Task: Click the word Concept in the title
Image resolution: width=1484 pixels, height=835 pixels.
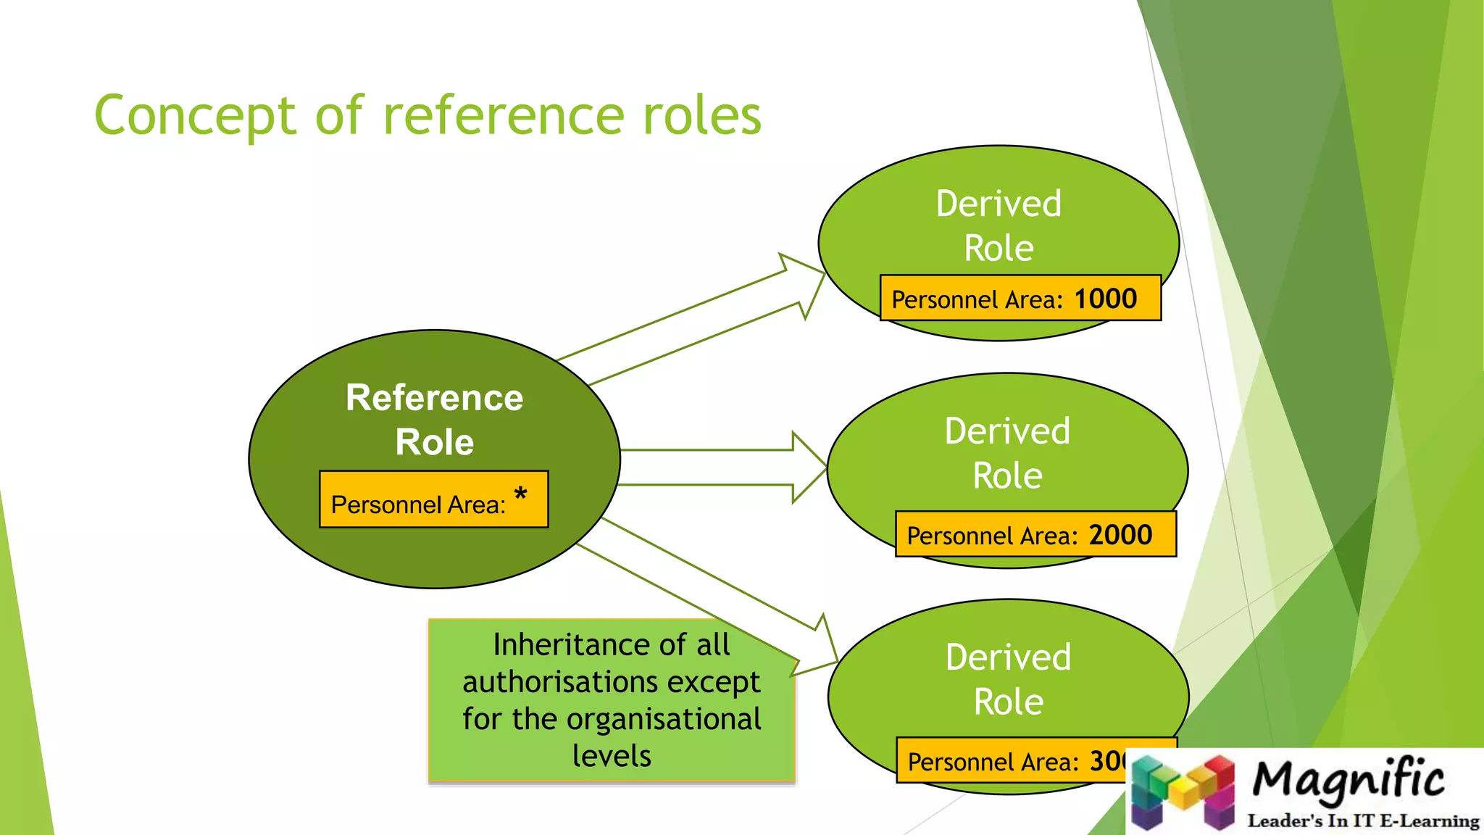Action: click(x=195, y=116)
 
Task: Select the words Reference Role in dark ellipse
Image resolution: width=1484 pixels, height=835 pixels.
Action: click(x=434, y=420)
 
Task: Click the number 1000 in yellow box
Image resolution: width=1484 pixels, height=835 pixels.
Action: click(x=1105, y=299)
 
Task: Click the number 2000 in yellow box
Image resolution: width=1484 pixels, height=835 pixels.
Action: click(x=1120, y=535)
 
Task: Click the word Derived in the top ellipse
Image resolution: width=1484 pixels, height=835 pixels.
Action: click(x=999, y=204)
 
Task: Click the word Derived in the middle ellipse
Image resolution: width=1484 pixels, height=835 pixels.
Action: click(x=1007, y=431)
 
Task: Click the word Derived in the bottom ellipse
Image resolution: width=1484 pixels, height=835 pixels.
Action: click(x=1008, y=657)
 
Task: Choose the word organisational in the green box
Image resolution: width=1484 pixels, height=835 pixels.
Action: click(x=663, y=719)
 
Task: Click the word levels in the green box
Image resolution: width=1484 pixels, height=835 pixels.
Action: click(x=612, y=756)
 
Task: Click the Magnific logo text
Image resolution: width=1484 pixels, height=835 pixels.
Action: click(x=1348, y=779)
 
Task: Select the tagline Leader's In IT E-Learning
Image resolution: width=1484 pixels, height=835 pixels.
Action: click(x=1362, y=821)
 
